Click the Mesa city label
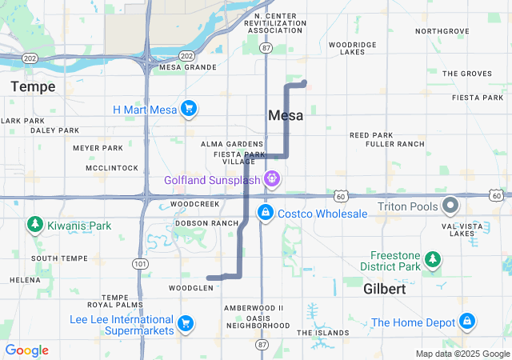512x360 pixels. coord(286,115)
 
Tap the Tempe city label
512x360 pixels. coord(33,86)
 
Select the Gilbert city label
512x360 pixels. coord(385,289)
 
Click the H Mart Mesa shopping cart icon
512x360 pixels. coord(189,109)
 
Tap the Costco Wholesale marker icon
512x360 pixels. coord(264,214)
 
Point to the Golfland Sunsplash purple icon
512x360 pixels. coord(272,179)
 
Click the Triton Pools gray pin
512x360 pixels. coord(450,205)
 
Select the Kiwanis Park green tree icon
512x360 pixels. coord(34,226)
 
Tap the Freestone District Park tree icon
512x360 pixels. coord(432,258)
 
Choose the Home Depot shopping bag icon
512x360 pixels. coord(466,322)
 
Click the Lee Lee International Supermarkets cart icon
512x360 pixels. coord(185,323)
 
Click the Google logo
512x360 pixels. coord(26,350)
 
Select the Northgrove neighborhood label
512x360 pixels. coord(442,31)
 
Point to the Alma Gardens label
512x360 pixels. coord(227,143)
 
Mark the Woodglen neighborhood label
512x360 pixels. coord(190,287)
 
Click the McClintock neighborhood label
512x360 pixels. coord(111,168)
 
